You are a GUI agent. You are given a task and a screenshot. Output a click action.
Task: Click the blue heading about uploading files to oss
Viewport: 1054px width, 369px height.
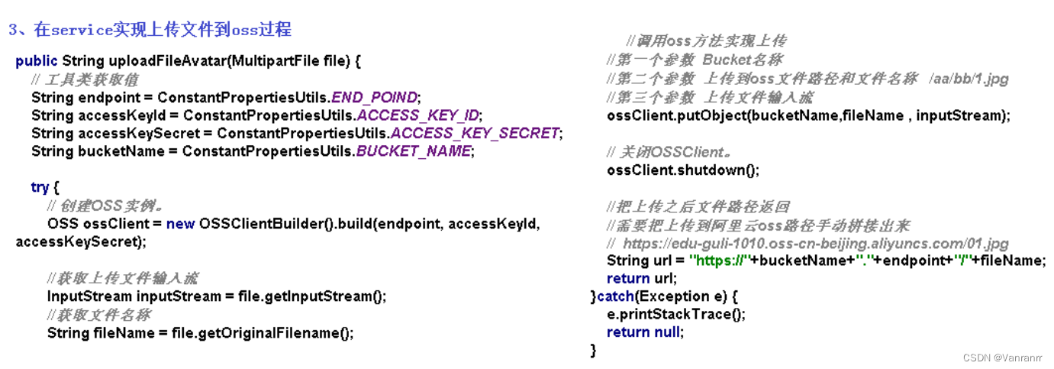(150, 30)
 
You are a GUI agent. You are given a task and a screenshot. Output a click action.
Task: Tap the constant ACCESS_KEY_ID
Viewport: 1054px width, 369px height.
(418, 115)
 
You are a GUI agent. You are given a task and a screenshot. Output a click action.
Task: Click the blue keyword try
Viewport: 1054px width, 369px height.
(39, 187)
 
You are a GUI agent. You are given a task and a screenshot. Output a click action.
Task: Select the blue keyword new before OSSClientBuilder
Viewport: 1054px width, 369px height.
(180, 224)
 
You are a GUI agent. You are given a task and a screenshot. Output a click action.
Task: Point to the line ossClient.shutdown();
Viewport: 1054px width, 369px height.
(683, 170)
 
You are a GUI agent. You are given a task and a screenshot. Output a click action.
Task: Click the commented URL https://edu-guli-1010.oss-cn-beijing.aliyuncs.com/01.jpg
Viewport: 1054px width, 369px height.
(815, 244)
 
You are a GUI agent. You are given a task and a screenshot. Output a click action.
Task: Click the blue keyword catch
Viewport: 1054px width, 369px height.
(617, 296)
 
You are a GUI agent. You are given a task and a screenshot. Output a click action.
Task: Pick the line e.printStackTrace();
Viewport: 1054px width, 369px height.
(676, 314)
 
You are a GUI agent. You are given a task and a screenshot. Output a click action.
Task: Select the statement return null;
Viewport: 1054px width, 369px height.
(645, 332)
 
